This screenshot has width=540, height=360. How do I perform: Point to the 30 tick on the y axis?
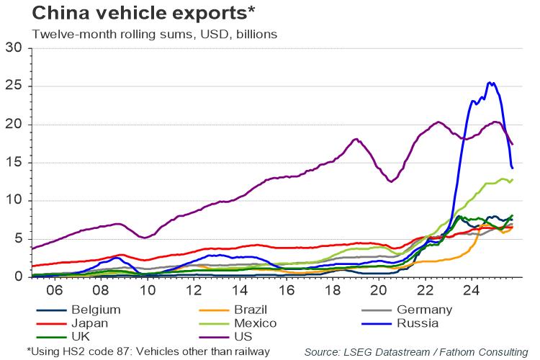[15, 48]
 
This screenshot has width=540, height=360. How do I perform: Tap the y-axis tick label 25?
[15, 86]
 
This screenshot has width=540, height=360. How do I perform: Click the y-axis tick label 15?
[15, 163]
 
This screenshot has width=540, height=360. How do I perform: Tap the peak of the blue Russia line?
[490, 83]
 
